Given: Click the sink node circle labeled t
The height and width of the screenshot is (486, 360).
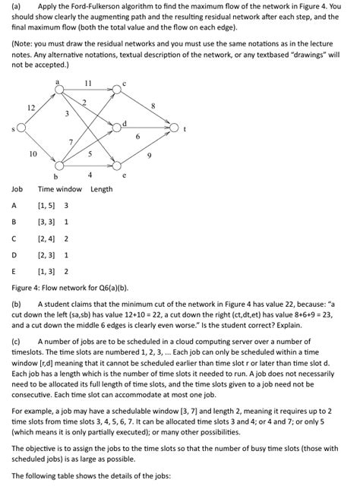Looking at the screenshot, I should click(x=174, y=128).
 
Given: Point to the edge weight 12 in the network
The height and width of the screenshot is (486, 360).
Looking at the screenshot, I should click(x=31, y=109).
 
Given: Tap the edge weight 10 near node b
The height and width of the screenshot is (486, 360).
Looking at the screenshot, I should click(x=33, y=153).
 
